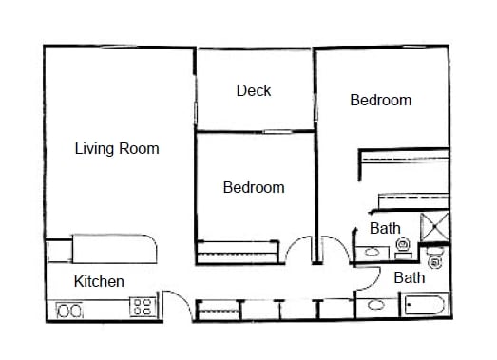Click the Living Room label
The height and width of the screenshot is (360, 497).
[x=117, y=149]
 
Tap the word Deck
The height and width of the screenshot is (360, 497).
[x=254, y=91]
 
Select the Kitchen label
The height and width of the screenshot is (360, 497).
[x=99, y=281]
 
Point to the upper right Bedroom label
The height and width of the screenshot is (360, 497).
[x=380, y=100]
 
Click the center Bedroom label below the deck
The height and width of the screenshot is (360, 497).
[x=254, y=187]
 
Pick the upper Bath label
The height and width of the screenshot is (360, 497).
[x=385, y=228]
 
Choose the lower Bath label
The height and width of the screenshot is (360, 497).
[x=409, y=278]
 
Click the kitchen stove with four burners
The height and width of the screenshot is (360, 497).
[x=143, y=307]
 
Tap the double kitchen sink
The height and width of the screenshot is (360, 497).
[x=70, y=310]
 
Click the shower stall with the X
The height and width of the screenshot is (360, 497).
[x=434, y=229]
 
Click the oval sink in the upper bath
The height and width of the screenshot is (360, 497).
[x=372, y=253]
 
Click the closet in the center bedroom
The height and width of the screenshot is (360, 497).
[x=237, y=252]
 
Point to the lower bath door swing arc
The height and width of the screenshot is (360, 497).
[x=369, y=278]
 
